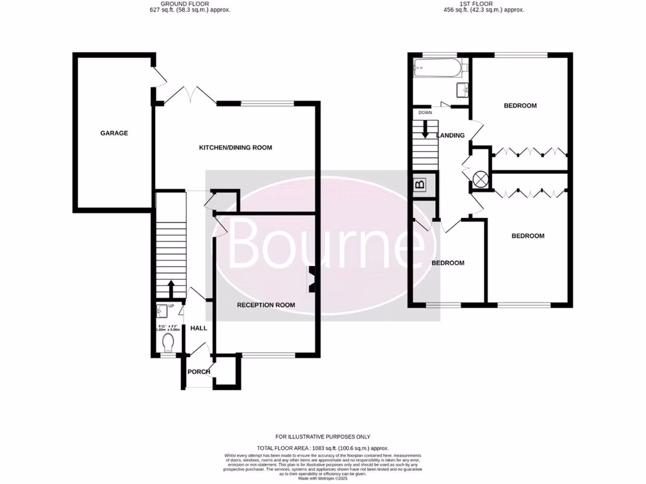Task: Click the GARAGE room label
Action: [114, 133]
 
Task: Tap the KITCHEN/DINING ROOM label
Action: [235, 147]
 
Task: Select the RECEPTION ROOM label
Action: [266, 305]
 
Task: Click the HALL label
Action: [199, 328]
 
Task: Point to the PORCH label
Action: [199, 372]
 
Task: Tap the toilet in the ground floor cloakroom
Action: [168, 342]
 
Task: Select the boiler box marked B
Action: [420, 185]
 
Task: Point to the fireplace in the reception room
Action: [312, 279]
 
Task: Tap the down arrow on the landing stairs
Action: [425, 130]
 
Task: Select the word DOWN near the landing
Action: [425, 112]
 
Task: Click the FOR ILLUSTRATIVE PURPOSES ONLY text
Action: [323, 437]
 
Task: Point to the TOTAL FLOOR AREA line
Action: [323, 447]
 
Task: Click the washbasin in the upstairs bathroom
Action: [462, 89]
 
